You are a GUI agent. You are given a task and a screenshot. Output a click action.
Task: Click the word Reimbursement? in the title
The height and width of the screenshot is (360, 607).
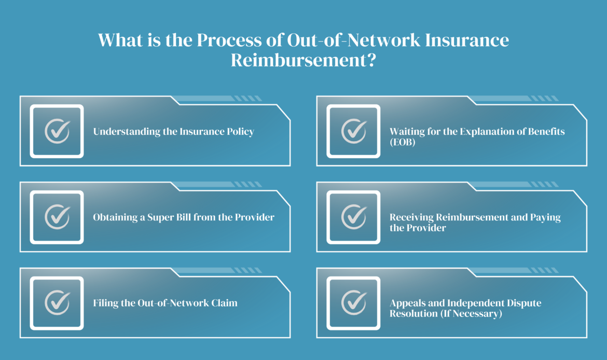tap(303, 60)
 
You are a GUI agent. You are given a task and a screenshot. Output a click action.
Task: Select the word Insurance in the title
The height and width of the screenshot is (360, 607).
tap(467, 40)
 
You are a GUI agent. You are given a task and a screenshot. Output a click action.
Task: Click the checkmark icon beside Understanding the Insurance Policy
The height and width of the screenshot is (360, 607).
tap(57, 131)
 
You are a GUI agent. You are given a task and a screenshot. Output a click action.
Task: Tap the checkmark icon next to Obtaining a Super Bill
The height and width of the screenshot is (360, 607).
tap(57, 217)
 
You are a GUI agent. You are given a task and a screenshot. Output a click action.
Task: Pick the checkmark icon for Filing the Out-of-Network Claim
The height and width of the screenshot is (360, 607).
tap(57, 303)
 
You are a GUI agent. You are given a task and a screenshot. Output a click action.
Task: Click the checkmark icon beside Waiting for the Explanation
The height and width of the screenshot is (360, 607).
tap(354, 131)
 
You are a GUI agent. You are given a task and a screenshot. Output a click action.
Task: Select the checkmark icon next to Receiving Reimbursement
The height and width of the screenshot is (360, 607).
tap(354, 217)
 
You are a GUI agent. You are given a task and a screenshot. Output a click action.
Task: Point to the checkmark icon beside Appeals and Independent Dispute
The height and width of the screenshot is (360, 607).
tap(354, 303)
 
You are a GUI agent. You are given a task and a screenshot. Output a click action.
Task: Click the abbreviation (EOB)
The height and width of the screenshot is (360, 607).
tap(403, 142)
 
